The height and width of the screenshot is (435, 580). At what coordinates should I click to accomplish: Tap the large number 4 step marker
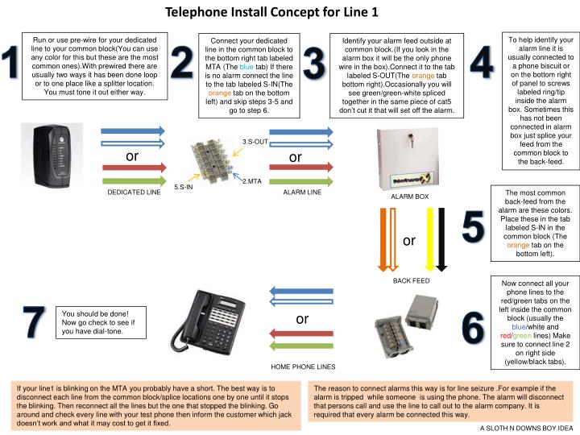(x=480, y=63)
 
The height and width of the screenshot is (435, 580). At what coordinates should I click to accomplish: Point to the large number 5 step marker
(x=473, y=226)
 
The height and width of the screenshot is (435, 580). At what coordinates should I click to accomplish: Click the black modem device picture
(x=51, y=156)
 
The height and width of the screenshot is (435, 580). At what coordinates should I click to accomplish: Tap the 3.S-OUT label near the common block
(x=255, y=142)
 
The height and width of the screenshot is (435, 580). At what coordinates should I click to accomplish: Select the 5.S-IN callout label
(x=184, y=187)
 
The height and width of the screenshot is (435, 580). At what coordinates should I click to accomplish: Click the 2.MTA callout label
(x=251, y=182)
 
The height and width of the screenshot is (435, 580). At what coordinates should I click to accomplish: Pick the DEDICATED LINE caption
(x=134, y=193)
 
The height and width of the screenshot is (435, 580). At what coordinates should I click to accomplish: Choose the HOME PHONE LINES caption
(x=302, y=366)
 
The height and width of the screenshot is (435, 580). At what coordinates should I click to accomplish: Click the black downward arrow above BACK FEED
(x=441, y=238)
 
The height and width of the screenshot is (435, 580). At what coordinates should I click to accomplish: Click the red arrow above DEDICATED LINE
(x=133, y=168)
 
